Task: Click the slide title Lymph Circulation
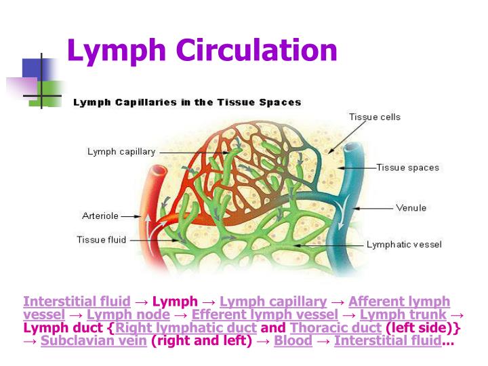click(201, 51)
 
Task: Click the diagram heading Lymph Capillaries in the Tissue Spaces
click(187, 103)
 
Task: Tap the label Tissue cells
click(374, 117)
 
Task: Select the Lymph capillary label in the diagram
click(121, 152)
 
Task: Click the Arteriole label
click(100, 216)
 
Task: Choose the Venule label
click(411, 207)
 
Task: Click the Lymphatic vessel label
click(404, 244)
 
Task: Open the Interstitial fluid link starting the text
click(77, 302)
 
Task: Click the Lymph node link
click(129, 314)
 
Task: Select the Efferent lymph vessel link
click(264, 314)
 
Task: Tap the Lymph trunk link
click(403, 314)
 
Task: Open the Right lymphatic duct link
click(186, 328)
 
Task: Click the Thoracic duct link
click(335, 328)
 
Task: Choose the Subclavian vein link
click(94, 341)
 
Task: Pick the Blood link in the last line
click(293, 341)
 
